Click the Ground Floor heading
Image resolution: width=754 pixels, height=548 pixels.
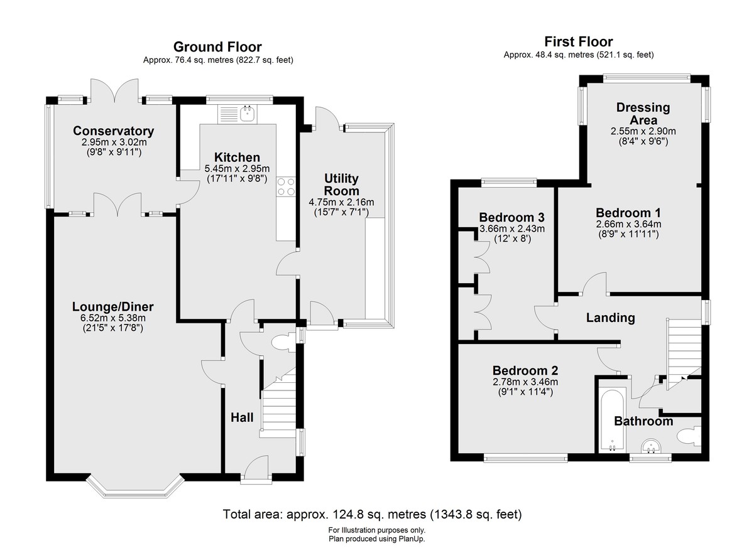pos(217,46)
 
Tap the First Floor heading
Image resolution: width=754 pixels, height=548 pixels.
pos(579,41)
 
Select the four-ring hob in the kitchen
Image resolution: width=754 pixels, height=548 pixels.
pos(286,186)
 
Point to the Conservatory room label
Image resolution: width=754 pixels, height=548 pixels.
pos(114,131)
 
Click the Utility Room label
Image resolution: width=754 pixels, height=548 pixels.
pos(341,185)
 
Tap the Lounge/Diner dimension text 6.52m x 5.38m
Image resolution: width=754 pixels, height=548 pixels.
pos(114,318)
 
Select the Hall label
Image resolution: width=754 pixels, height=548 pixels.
pos(242,417)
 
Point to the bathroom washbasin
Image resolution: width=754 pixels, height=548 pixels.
pos(652,446)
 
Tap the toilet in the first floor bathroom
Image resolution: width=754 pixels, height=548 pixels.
pos(689,436)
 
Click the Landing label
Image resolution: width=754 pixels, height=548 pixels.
pos(611,318)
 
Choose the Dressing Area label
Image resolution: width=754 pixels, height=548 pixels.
pos(643,114)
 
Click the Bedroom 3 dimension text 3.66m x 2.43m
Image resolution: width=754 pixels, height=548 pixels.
pos(512,228)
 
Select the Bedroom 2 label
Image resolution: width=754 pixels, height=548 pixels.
pos(525,370)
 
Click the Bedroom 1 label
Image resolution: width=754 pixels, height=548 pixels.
pos(628,213)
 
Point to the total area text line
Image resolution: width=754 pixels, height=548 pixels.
pos(372,514)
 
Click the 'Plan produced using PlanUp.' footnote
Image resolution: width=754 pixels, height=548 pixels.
pos(376,539)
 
